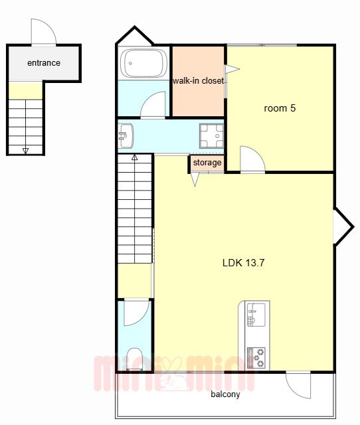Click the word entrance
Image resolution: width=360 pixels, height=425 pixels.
click(x=44, y=63)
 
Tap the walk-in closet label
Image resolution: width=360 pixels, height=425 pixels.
click(x=199, y=80)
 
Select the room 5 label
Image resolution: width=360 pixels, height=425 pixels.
click(x=280, y=108)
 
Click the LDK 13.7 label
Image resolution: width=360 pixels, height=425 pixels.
click(x=243, y=263)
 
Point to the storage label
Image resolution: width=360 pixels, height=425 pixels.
click(x=207, y=163)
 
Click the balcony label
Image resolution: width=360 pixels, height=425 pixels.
click(x=225, y=394)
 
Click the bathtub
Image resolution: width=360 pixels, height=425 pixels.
click(x=143, y=64)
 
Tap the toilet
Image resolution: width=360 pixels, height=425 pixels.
click(x=134, y=359)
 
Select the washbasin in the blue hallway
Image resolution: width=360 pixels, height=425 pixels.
click(x=126, y=135)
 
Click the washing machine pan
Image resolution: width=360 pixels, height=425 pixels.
click(x=211, y=135)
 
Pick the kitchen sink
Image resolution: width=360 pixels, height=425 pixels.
click(x=256, y=314)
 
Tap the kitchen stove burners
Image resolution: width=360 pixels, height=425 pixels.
click(x=256, y=358)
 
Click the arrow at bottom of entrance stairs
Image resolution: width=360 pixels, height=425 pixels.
click(x=25, y=151)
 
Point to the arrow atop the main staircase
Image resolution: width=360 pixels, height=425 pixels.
click(x=134, y=157)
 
